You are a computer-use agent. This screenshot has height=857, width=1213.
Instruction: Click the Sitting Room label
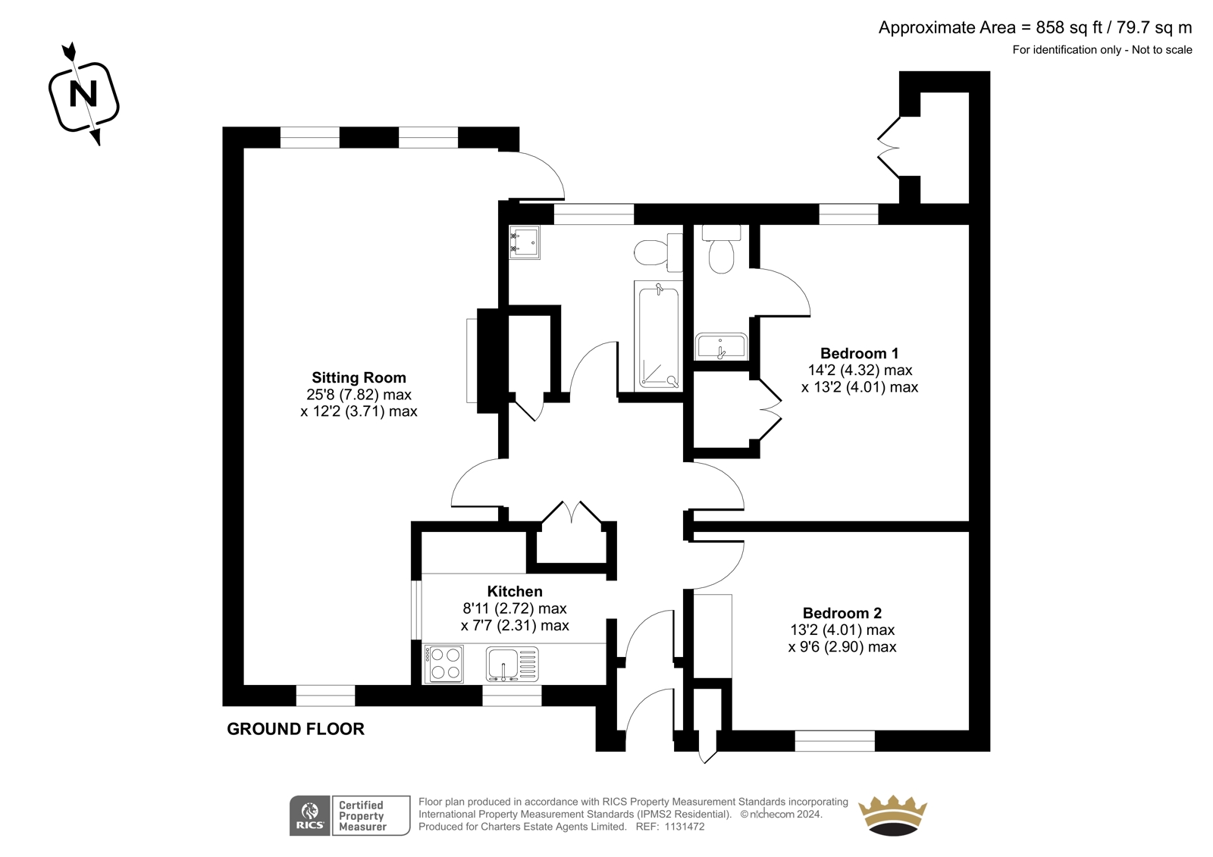(x=359, y=377)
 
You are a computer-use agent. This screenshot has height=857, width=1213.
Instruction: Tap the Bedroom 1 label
(x=860, y=354)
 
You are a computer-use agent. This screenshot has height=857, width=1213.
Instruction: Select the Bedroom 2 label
(x=842, y=613)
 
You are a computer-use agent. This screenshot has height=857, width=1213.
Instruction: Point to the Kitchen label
(x=515, y=591)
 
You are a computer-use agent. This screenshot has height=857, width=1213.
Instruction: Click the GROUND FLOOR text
(x=296, y=729)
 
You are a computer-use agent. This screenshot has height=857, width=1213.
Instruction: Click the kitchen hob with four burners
(x=444, y=664)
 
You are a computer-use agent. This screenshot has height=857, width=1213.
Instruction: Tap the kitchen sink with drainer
(x=512, y=664)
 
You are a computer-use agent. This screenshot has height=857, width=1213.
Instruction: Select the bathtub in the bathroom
(x=659, y=336)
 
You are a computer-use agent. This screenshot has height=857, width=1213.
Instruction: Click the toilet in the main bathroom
(x=659, y=252)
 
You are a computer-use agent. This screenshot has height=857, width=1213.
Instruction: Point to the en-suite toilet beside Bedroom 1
(x=721, y=249)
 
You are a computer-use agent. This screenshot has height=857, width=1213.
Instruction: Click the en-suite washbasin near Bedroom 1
(x=721, y=346)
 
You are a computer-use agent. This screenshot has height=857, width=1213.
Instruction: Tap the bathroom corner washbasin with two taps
(x=524, y=242)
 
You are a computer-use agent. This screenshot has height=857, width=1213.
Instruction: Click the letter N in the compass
(x=83, y=94)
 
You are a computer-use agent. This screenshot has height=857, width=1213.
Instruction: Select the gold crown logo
(x=892, y=815)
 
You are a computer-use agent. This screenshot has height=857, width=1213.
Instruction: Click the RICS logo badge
(x=310, y=815)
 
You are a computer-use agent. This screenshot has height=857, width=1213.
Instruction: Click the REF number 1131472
(x=685, y=827)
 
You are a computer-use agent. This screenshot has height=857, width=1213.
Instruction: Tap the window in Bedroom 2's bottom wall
(x=835, y=740)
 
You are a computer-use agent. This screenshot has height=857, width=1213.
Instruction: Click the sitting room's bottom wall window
(x=325, y=696)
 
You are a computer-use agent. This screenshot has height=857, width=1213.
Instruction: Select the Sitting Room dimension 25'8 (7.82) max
(x=359, y=395)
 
